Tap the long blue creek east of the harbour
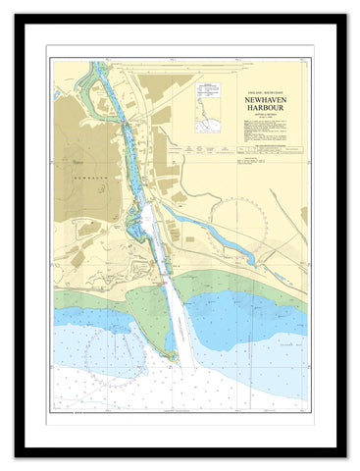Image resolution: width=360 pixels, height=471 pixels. (x=196, y=221)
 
